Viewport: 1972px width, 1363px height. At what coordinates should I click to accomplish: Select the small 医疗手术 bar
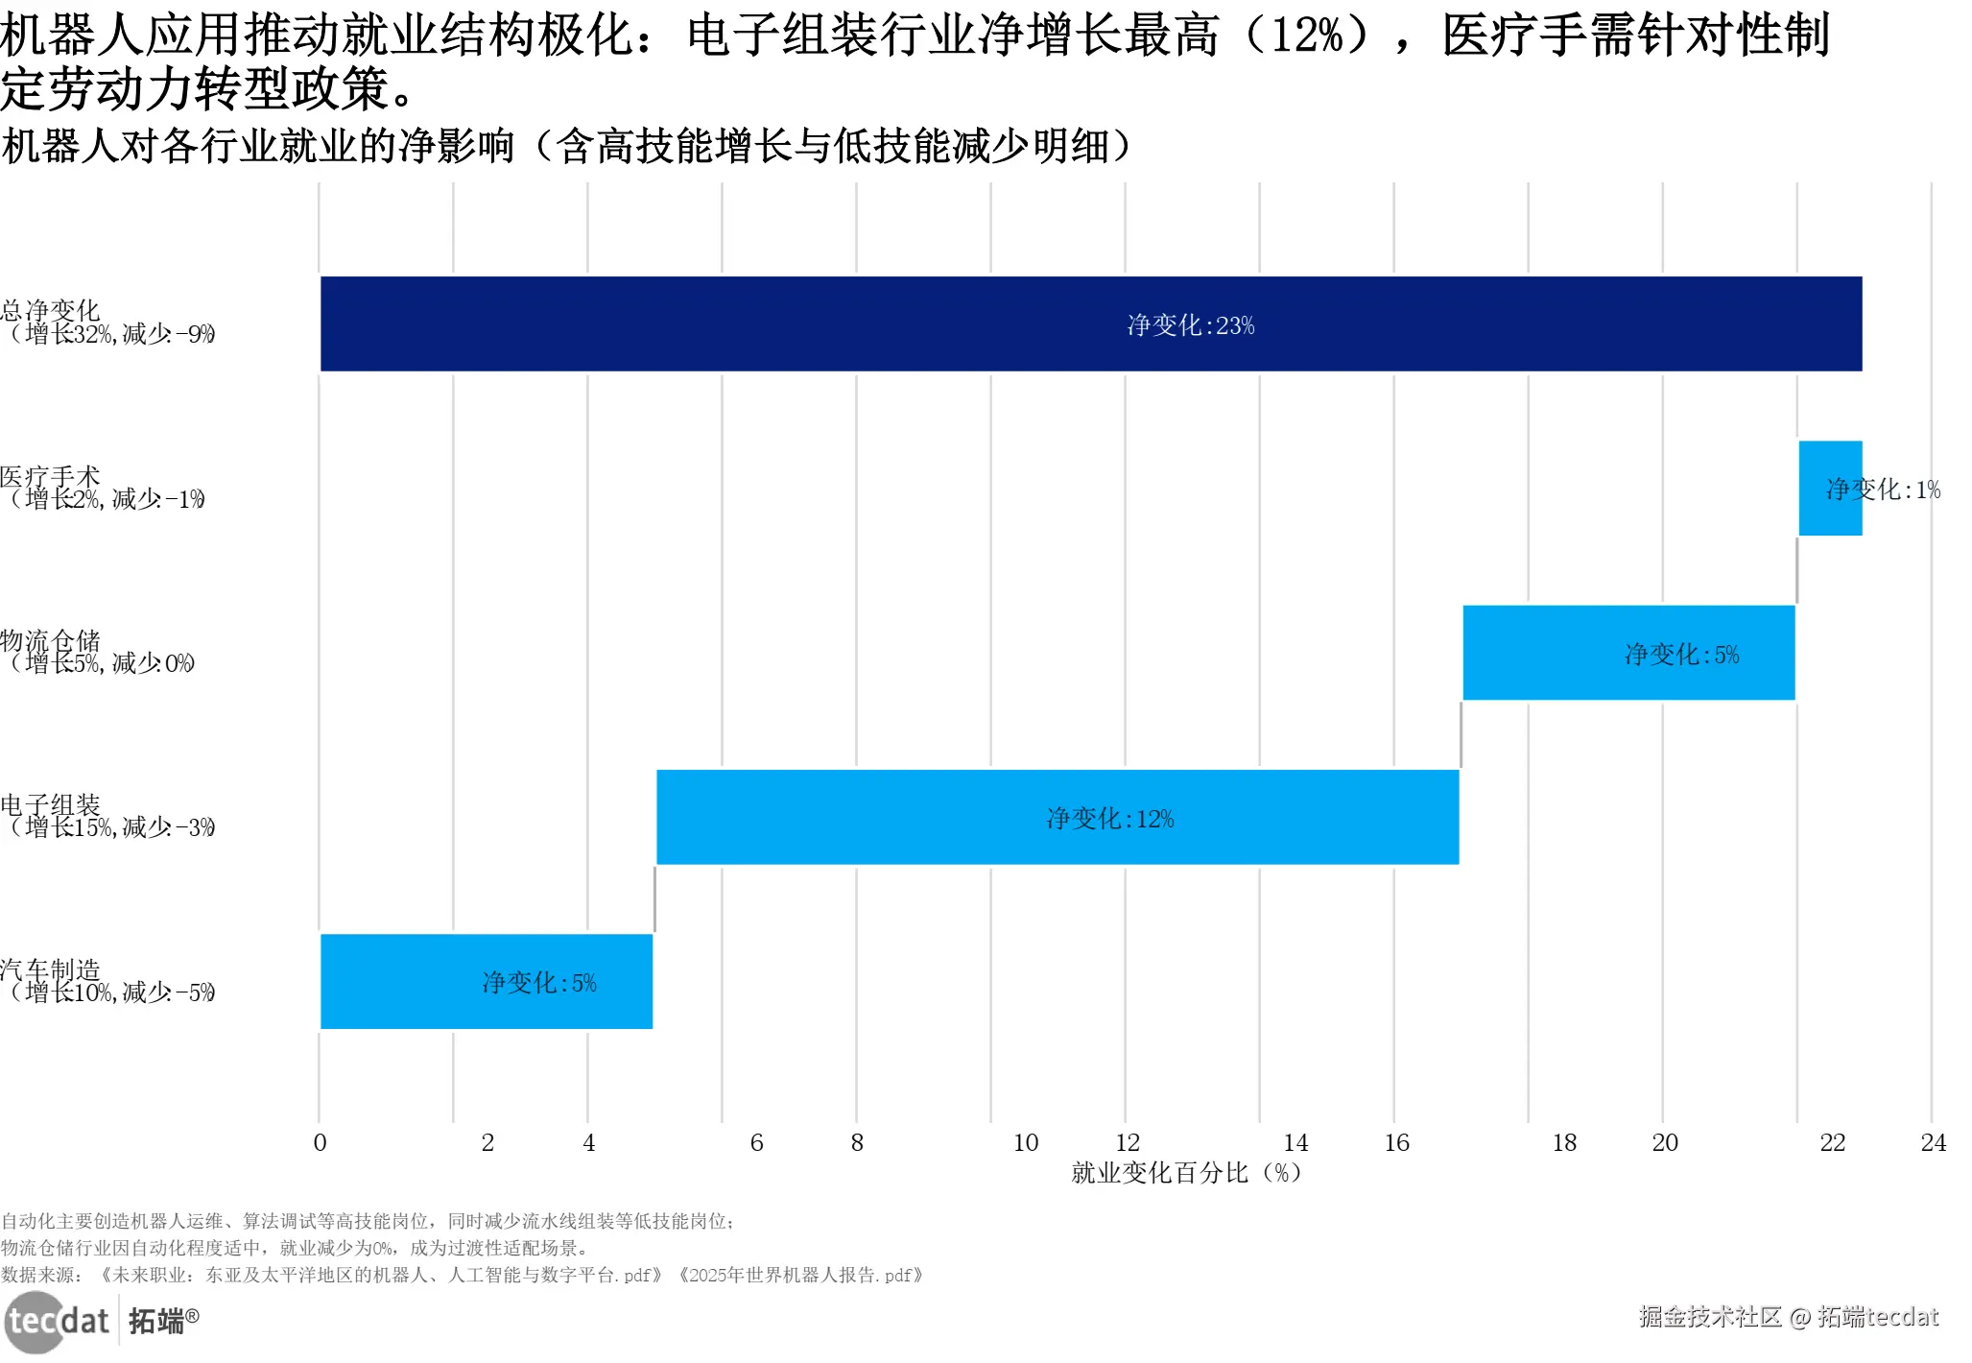[1829, 488]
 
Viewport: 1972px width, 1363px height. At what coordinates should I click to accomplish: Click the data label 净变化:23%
[1190, 325]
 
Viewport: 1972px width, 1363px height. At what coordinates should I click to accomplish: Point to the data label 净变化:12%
[1109, 819]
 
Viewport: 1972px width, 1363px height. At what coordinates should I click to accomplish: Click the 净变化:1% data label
[1883, 490]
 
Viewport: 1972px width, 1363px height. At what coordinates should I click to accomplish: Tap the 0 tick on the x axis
[320, 1142]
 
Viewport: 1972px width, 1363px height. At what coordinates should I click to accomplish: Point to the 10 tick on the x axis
[1025, 1142]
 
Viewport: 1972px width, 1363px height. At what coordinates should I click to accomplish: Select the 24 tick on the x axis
[1933, 1142]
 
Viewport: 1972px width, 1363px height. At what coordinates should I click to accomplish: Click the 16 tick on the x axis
[1396, 1142]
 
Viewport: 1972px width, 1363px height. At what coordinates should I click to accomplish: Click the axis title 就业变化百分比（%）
[1186, 1172]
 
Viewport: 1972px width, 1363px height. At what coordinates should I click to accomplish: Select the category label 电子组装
[51, 804]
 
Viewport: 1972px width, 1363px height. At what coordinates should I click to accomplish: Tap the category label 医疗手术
[51, 476]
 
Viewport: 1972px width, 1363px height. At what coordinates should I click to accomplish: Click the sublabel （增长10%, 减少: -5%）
[111, 992]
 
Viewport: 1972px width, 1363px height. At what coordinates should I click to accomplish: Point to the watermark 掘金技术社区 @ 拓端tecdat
[1788, 1316]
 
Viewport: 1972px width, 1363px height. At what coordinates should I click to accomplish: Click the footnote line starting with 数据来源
[461, 1275]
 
